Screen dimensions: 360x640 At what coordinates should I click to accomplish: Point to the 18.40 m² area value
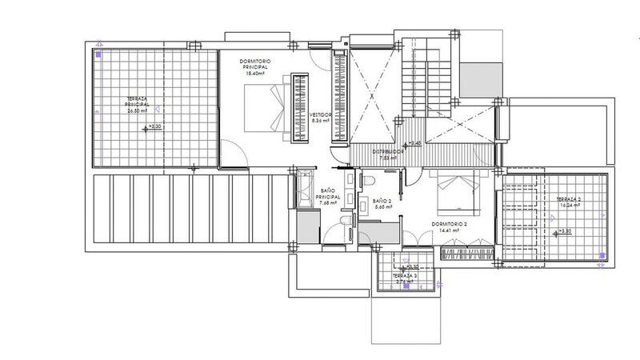point(258,73)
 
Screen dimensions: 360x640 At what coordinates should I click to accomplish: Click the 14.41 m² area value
point(450,231)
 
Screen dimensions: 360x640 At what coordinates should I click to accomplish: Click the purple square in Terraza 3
point(406,289)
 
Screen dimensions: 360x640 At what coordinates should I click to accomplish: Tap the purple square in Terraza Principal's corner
point(98,56)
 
